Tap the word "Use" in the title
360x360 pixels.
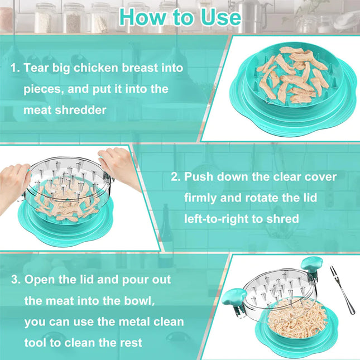point(220,17)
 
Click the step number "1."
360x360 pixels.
point(15,68)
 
